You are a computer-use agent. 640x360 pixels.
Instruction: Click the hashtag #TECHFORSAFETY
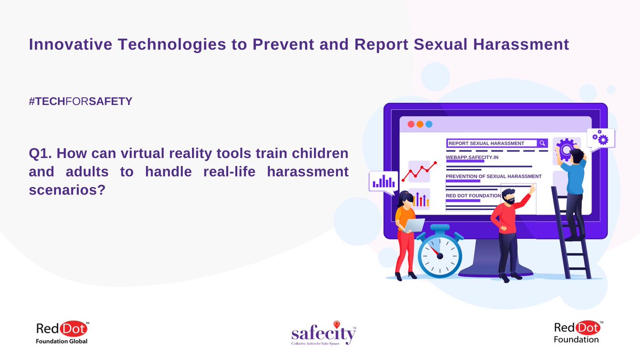[x=80, y=101]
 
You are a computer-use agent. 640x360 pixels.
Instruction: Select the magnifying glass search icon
[x=542, y=143]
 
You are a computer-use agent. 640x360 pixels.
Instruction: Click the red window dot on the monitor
[x=411, y=124]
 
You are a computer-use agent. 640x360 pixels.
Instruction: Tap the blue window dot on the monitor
[x=429, y=124]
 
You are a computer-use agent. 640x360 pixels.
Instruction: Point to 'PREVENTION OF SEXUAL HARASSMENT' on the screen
[x=493, y=176]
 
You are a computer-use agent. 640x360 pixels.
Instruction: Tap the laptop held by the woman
[x=414, y=225]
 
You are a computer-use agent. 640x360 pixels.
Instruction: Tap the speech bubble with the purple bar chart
[x=383, y=181]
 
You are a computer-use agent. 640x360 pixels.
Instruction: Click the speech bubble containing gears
[x=600, y=139]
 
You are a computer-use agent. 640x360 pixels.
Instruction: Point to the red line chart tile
[x=419, y=172]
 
